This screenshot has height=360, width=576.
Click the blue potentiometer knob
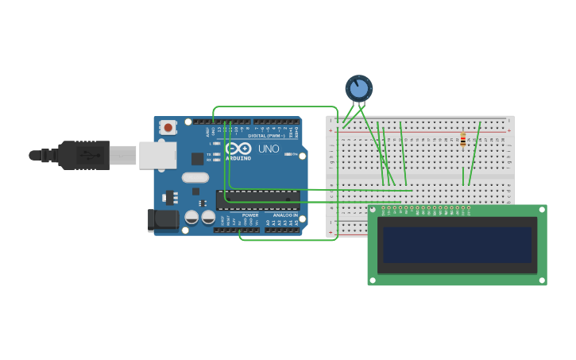(359, 88)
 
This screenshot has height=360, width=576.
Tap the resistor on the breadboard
(463, 141)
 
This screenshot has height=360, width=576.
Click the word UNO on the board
(269, 149)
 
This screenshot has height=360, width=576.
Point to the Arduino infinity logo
(238, 149)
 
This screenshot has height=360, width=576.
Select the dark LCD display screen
(457, 245)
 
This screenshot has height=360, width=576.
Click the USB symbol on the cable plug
(84, 155)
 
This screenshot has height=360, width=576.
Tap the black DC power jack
(163, 220)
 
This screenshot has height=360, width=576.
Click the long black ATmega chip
(257, 199)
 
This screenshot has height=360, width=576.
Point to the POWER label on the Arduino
(250, 215)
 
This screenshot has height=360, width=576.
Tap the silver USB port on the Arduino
(157, 155)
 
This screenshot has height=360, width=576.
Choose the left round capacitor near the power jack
(191, 217)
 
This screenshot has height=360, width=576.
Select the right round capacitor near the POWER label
(208, 217)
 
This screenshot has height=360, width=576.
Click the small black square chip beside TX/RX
(197, 158)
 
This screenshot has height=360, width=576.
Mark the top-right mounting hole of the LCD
(541, 211)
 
